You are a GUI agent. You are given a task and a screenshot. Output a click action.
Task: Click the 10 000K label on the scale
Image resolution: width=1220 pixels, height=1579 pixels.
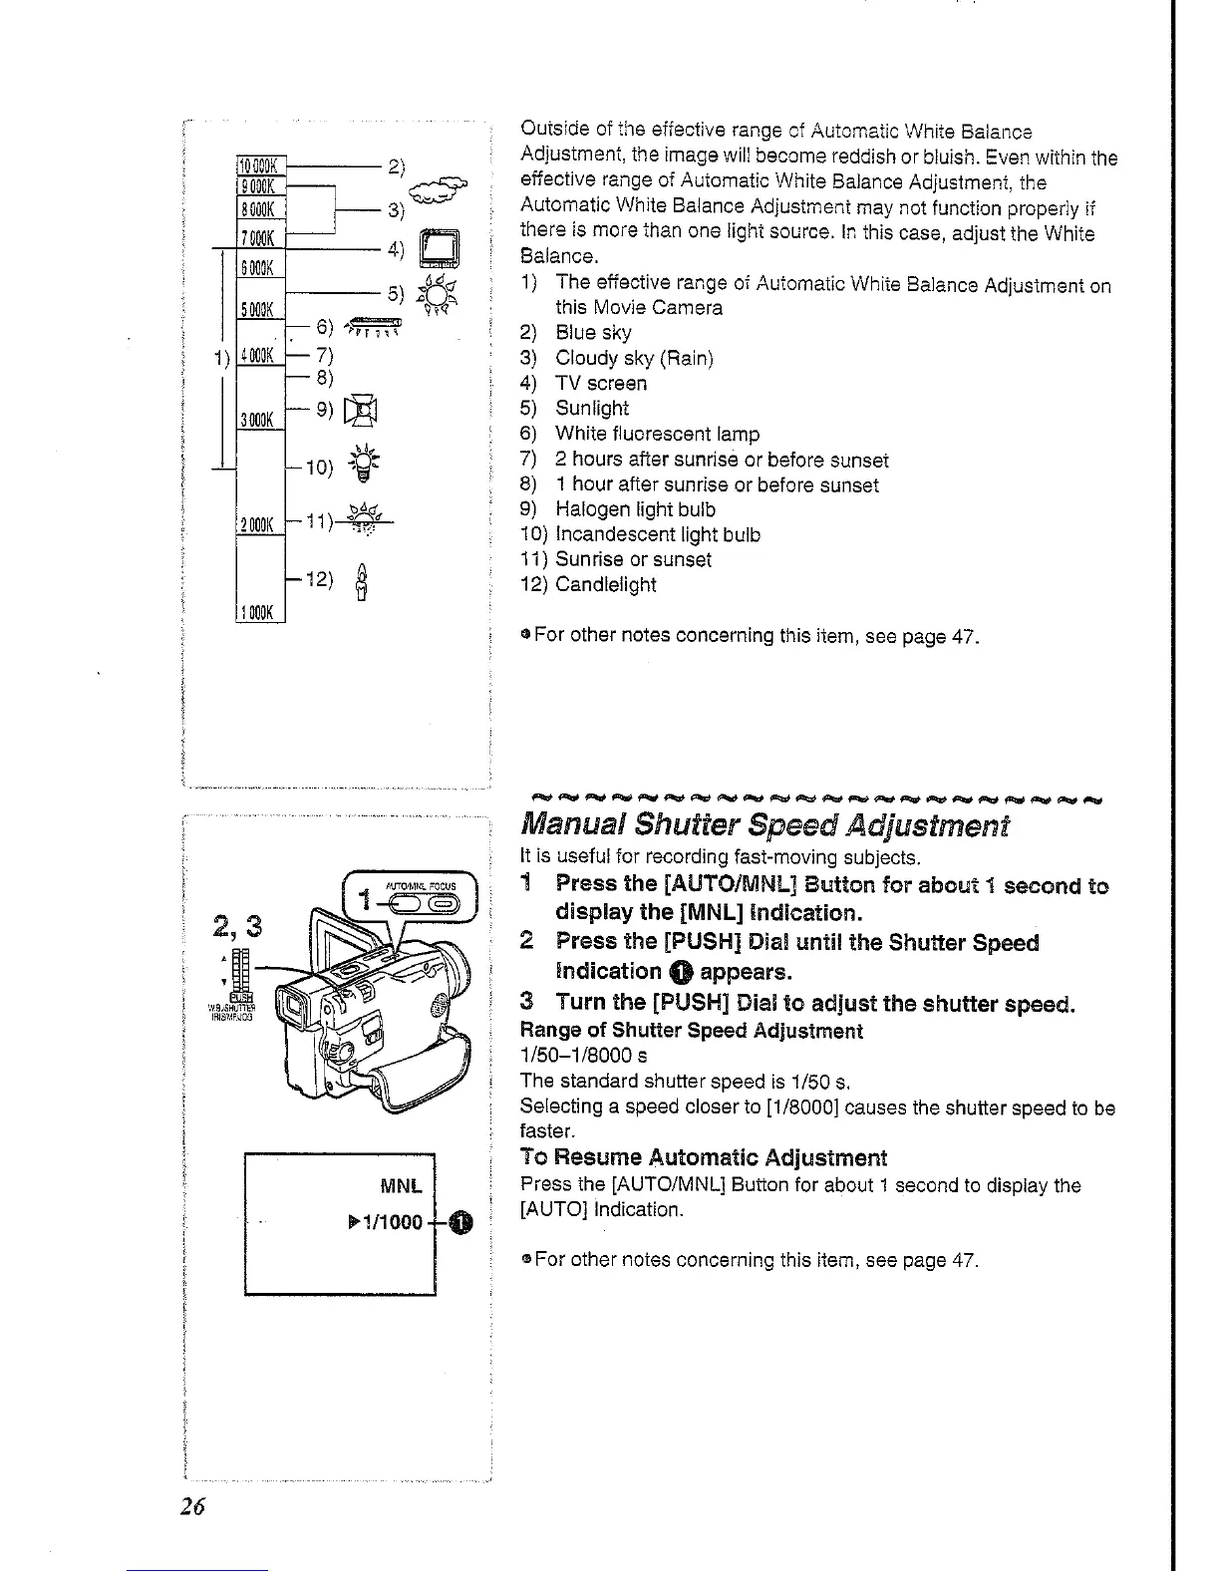(x=260, y=164)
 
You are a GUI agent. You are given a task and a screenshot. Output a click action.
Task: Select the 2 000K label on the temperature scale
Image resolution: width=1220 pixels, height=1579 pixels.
(x=260, y=524)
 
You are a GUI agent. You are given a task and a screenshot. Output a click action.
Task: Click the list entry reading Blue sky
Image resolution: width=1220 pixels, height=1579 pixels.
(x=593, y=333)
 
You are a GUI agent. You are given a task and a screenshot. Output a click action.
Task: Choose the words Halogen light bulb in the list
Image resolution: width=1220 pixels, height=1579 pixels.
(x=635, y=509)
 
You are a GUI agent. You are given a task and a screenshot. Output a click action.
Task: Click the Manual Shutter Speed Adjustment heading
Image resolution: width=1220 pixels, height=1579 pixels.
(x=764, y=825)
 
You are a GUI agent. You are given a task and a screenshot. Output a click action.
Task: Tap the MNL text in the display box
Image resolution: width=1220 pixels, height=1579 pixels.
(x=403, y=1186)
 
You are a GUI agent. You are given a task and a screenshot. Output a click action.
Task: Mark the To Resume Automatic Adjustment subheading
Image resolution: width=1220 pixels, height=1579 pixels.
(x=703, y=1158)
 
